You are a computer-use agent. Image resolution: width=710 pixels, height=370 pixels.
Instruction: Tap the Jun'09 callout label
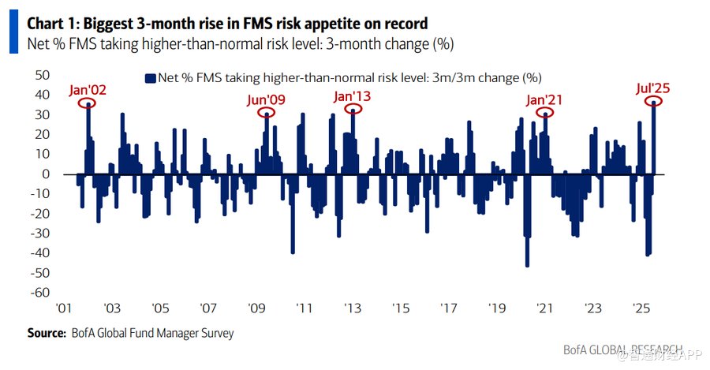[x=267, y=100]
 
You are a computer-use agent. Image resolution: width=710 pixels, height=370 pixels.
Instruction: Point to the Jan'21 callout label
[x=545, y=100]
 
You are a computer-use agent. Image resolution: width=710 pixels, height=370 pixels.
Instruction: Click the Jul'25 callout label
[x=654, y=88]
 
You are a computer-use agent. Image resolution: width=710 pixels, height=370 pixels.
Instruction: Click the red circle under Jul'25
[x=655, y=103]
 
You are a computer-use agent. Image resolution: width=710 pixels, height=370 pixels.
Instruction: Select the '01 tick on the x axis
[x=64, y=308]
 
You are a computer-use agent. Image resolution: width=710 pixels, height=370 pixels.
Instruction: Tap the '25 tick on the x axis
[x=641, y=308]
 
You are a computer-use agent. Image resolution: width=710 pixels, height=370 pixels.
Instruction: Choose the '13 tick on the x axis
[x=352, y=308]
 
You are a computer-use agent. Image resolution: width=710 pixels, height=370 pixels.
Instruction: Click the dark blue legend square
[x=149, y=78]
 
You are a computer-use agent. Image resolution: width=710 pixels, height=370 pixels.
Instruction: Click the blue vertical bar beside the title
[x=13, y=32]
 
